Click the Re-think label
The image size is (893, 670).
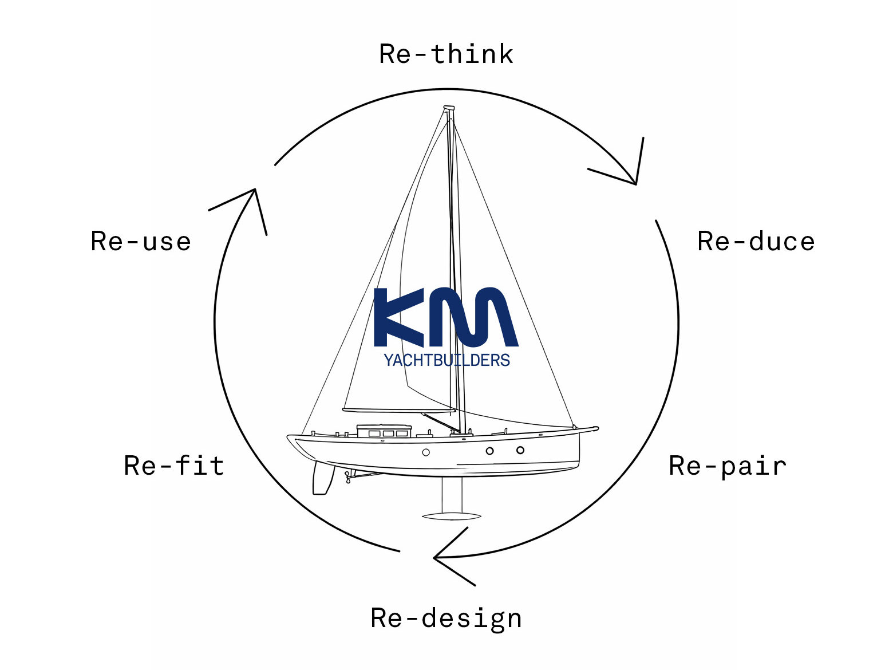(x=446, y=54)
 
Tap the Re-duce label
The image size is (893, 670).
(x=756, y=242)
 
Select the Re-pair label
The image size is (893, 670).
(x=728, y=466)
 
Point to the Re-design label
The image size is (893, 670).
(x=446, y=618)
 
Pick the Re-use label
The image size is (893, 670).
(x=141, y=242)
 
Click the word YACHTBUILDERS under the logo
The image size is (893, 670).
(x=446, y=360)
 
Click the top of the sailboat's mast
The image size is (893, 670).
(x=449, y=108)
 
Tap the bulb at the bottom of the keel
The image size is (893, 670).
(x=451, y=516)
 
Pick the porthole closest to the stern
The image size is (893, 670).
(x=426, y=452)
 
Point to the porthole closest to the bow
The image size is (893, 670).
(x=520, y=450)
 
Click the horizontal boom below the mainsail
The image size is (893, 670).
(x=399, y=410)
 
